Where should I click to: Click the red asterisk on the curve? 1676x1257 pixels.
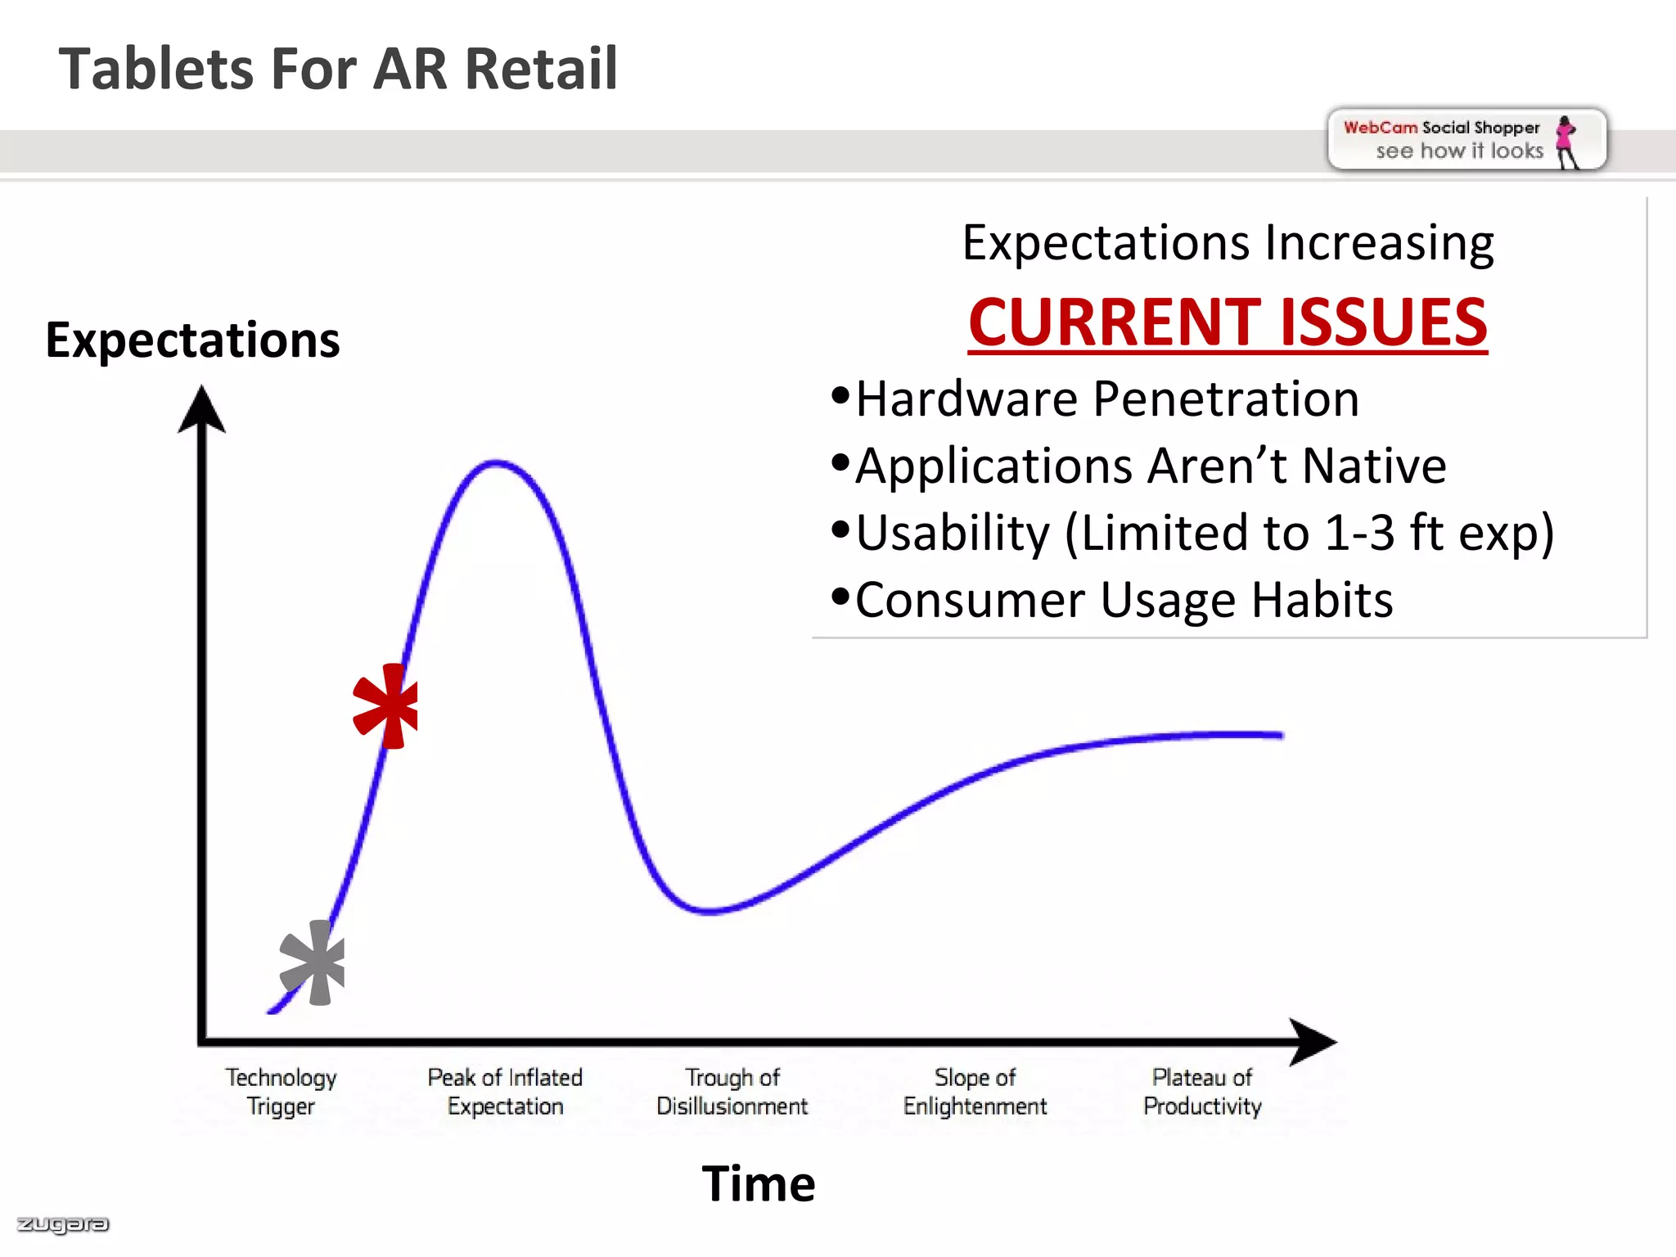(386, 706)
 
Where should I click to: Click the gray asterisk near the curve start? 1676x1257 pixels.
(313, 963)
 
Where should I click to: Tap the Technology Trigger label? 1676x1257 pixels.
(281, 1092)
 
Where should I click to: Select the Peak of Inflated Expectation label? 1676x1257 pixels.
(505, 1092)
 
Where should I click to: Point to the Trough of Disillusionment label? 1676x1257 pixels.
(732, 1092)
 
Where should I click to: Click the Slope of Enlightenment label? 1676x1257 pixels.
(975, 1092)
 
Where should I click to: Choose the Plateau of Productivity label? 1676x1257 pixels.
(1202, 1092)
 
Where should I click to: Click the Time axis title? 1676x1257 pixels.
(759, 1183)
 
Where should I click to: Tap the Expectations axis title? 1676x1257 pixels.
(192, 340)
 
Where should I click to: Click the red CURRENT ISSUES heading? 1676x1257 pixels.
(1228, 322)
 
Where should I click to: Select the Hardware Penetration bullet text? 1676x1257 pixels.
(1106, 399)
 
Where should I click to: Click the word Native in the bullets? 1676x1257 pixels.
(1374, 466)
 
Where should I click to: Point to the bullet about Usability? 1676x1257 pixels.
(1203, 534)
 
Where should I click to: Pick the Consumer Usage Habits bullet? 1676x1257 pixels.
(1123, 601)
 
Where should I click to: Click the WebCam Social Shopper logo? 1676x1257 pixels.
(1466, 140)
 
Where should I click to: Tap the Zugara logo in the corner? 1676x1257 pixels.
(62, 1224)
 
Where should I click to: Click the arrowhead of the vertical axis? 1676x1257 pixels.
(201, 409)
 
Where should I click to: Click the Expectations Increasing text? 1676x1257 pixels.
(1228, 243)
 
